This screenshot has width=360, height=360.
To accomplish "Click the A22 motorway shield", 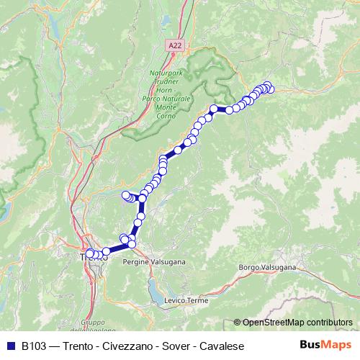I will coord(175,45).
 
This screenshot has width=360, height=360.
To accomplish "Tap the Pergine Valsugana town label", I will coord(160,263).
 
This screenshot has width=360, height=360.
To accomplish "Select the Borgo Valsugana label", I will coord(267,267).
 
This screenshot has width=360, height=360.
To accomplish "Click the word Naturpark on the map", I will coord(168,73).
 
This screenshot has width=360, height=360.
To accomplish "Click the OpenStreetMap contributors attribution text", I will coord(297,323).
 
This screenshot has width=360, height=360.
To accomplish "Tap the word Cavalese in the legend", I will coord(220,346).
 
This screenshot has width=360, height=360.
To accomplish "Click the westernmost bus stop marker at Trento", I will coord(90,253).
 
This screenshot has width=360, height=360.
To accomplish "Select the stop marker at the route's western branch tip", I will coord(126,194).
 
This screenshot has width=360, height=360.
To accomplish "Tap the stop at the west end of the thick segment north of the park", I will coord(214,109).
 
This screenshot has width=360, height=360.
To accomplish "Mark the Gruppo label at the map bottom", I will coord(93,323).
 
